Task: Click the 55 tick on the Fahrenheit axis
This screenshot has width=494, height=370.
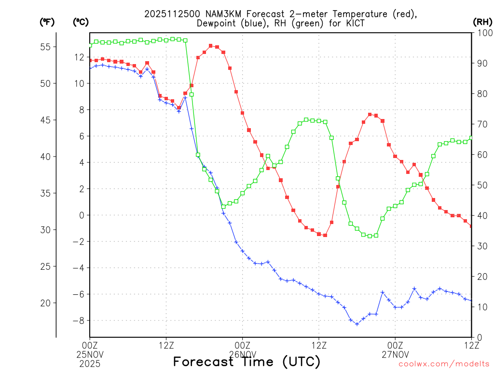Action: point(48,47)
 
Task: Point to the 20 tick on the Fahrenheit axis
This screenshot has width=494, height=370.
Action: point(48,303)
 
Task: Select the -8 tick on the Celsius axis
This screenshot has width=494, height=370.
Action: point(78,320)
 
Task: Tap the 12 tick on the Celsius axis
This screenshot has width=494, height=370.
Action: point(79,57)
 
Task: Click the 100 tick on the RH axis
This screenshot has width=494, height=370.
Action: point(482,33)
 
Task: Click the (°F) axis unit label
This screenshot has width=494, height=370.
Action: point(47,22)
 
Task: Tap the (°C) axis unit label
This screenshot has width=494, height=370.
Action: point(81,22)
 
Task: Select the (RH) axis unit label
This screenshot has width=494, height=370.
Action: point(482,22)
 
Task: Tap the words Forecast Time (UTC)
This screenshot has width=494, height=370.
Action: point(247,361)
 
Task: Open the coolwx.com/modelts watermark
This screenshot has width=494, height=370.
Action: point(444,364)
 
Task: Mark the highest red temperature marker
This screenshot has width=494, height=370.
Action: point(211,46)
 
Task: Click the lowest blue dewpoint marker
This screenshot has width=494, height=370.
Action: point(357,324)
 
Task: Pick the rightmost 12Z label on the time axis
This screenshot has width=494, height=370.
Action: point(471,345)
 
